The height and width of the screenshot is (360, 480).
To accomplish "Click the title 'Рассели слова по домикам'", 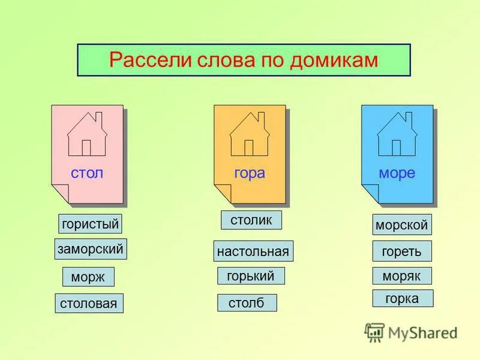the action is [x=244, y=60].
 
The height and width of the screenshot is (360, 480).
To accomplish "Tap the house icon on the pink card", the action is [x=86, y=134].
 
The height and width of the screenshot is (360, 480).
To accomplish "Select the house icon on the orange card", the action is [x=250, y=134].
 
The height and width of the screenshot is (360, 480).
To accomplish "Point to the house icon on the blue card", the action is [x=397, y=134].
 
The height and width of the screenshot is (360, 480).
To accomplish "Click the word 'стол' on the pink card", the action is [x=87, y=173].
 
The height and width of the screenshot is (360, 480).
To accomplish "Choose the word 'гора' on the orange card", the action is [x=250, y=173].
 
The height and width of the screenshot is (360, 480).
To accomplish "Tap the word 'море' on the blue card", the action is [x=397, y=173].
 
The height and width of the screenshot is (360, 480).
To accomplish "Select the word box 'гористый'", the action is [x=90, y=224].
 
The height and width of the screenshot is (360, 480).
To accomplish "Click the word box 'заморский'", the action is [x=91, y=248].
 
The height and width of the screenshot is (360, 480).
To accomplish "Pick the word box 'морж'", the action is [x=88, y=277].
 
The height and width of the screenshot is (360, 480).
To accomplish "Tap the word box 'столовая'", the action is [x=89, y=303].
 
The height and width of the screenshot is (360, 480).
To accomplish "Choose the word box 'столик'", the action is [x=251, y=220].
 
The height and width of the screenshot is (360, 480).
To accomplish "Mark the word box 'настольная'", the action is [x=253, y=251].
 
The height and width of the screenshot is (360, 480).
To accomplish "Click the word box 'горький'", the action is [x=251, y=276].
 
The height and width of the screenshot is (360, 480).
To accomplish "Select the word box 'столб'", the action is [x=247, y=302].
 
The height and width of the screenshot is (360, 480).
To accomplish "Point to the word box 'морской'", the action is [x=402, y=225].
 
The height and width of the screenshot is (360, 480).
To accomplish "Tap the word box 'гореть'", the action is [x=402, y=251].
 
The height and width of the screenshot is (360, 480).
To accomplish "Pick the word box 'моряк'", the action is [x=402, y=276].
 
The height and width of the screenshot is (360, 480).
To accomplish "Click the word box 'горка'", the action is [x=402, y=298].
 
